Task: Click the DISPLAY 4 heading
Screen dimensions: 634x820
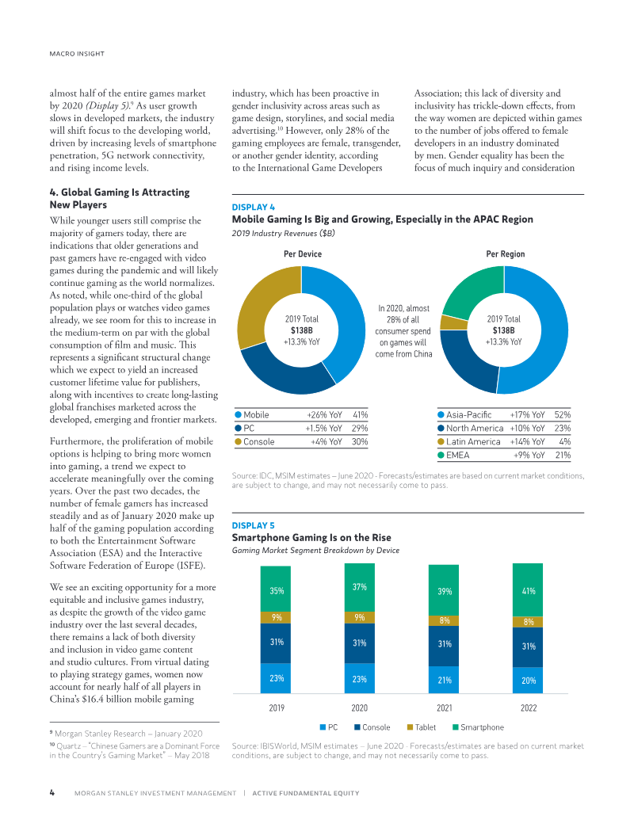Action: [253, 207]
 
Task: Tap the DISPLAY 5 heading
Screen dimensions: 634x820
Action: [253, 525]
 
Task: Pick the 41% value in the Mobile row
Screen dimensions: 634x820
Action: [361, 414]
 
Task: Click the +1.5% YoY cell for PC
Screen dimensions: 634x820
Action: [324, 429]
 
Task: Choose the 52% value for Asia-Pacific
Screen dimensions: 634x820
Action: [563, 414]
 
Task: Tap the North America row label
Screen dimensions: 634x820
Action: [475, 429]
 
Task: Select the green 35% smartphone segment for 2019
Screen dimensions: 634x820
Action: [276, 589]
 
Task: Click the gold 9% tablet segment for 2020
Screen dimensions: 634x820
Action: [359, 618]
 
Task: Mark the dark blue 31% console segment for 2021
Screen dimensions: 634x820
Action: [444, 646]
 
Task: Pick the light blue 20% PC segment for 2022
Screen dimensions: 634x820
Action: [528, 681]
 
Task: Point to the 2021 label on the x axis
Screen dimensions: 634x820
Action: [444, 708]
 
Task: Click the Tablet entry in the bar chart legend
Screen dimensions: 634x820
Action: [422, 727]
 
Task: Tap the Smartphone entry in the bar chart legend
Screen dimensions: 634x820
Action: [478, 727]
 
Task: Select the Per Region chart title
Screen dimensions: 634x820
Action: [506, 254]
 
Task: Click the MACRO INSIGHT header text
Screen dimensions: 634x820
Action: [77, 54]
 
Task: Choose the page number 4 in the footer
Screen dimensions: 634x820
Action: [52, 793]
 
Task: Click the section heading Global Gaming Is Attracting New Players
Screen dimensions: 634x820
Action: [120, 199]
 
